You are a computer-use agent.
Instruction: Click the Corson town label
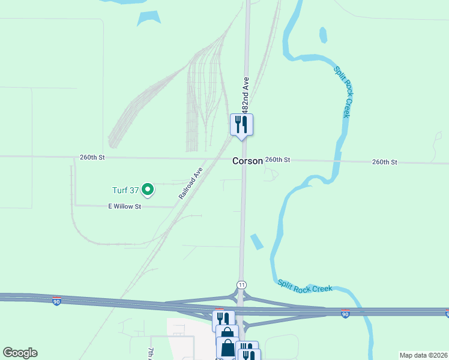[x=247, y=161]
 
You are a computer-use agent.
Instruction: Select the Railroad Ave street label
[x=191, y=184]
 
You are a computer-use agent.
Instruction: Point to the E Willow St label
[x=124, y=206]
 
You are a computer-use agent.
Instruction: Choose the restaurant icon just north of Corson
[x=242, y=125]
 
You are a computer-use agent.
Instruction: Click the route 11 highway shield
[x=241, y=284]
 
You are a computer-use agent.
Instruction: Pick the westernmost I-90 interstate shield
[x=56, y=300]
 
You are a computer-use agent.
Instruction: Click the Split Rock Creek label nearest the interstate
[x=305, y=286]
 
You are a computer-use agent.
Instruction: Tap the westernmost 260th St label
[x=92, y=157]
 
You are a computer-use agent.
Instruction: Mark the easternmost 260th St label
[x=384, y=162]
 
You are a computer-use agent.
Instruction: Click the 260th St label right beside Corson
[x=278, y=160]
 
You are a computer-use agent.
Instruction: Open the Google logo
[x=20, y=353]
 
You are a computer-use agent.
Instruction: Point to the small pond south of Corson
[x=256, y=241]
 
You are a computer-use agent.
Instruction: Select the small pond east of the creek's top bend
[x=324, y=35]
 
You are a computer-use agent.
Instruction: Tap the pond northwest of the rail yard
[x=148, y=18]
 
